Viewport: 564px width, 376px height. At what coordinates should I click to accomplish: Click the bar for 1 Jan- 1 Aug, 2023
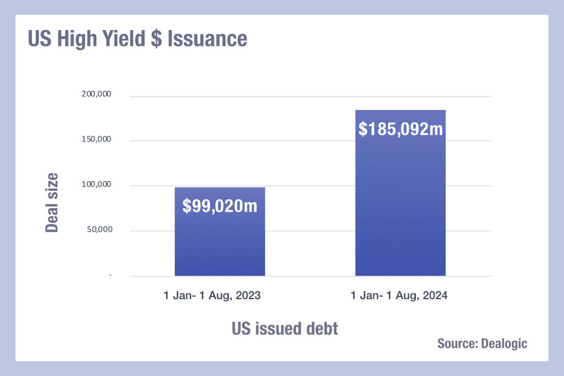coord(220,231)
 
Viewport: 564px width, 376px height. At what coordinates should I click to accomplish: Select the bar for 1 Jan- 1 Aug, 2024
coord(400,193)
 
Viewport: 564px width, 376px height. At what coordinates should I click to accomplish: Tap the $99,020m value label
coord(220,206)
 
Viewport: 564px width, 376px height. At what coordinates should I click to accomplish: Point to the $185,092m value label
coord(400,129)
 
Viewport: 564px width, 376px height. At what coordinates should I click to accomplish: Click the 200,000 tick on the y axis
coord(96,94)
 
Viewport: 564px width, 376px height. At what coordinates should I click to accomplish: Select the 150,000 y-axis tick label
coord(96,139)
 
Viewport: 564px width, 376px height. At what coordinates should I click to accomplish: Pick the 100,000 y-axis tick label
coord(96,184)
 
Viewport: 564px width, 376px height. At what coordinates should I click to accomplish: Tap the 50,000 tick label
coord(100,229)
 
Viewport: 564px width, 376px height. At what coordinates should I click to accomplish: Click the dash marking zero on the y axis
coord(110,275)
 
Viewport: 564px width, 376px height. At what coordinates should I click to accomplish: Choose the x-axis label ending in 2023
coord(212,296)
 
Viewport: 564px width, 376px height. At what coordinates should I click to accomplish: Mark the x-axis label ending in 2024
coord(399,296)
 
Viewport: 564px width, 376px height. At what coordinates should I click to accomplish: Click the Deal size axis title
coord(52,203)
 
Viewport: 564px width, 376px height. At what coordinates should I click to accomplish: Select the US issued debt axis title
coord(285,329)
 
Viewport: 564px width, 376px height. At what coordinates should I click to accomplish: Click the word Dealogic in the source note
coord(504,344)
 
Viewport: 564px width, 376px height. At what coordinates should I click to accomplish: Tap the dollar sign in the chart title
coord(157,39)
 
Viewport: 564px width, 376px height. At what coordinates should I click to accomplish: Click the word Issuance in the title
coord(207,39)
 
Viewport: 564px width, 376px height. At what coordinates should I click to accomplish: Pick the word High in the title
coord(77,39)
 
